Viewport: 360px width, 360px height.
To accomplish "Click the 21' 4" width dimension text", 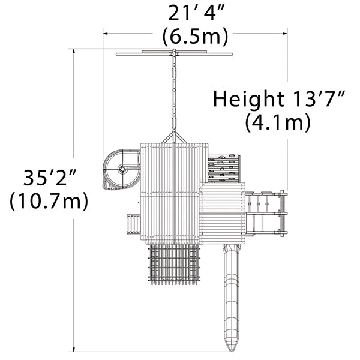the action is click(196, 13).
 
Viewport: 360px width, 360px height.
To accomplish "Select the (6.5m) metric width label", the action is click(196, 36).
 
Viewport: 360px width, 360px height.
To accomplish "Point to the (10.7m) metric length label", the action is click(49, 201).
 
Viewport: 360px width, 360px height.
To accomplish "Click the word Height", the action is click(248, 99).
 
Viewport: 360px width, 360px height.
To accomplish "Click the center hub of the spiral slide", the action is click(122, 169).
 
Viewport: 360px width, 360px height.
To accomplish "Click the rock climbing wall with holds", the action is click(224, 169).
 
